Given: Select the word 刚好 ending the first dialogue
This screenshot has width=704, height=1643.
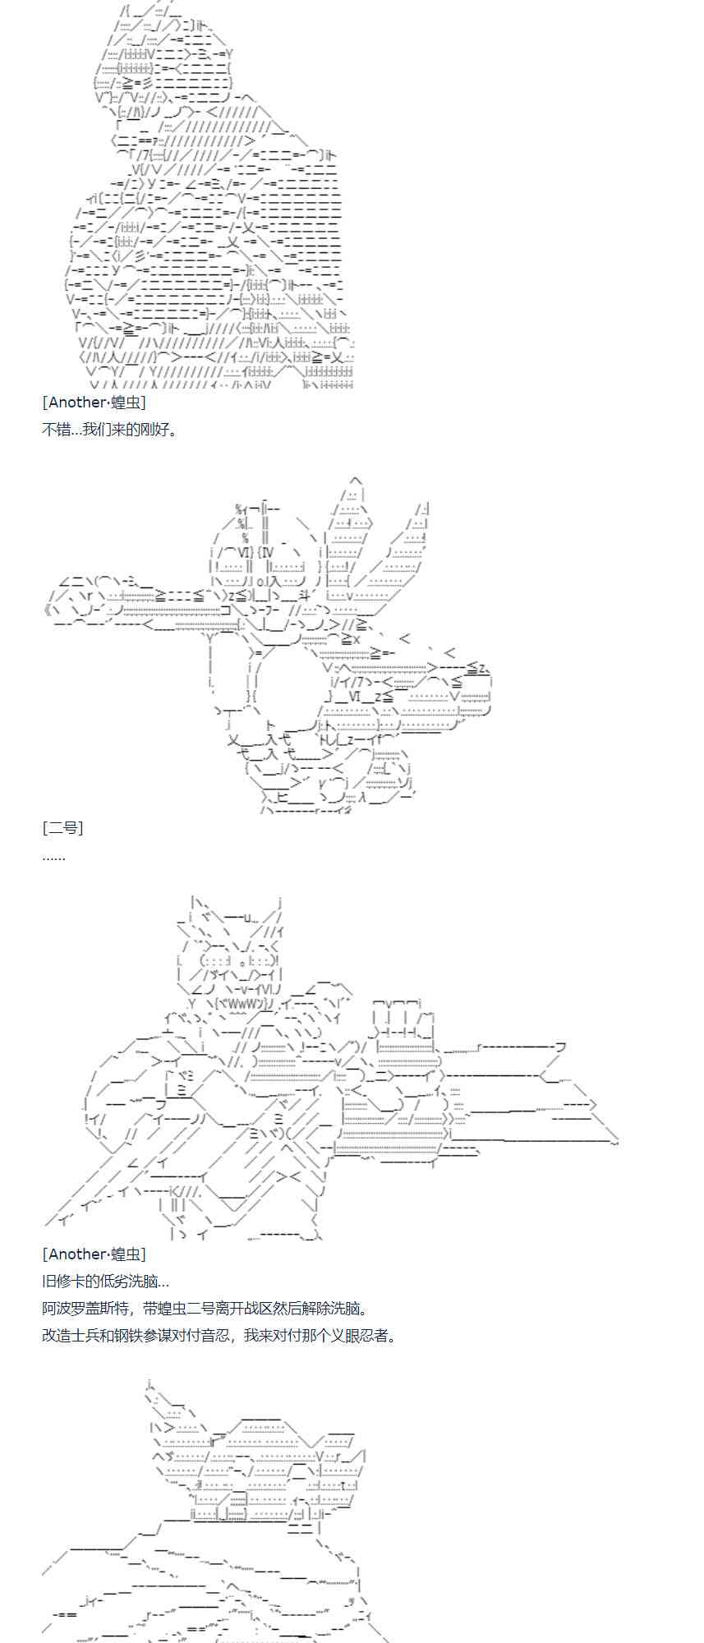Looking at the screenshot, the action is coord(163,429).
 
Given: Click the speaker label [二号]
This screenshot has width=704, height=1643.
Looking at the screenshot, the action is coord(62,827).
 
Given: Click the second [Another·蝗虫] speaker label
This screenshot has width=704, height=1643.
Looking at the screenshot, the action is coord(94,1254).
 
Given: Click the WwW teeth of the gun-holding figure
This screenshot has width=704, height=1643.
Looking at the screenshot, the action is coord(246,1003).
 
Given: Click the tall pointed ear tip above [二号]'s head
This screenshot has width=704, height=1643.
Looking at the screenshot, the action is coord(355,479).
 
